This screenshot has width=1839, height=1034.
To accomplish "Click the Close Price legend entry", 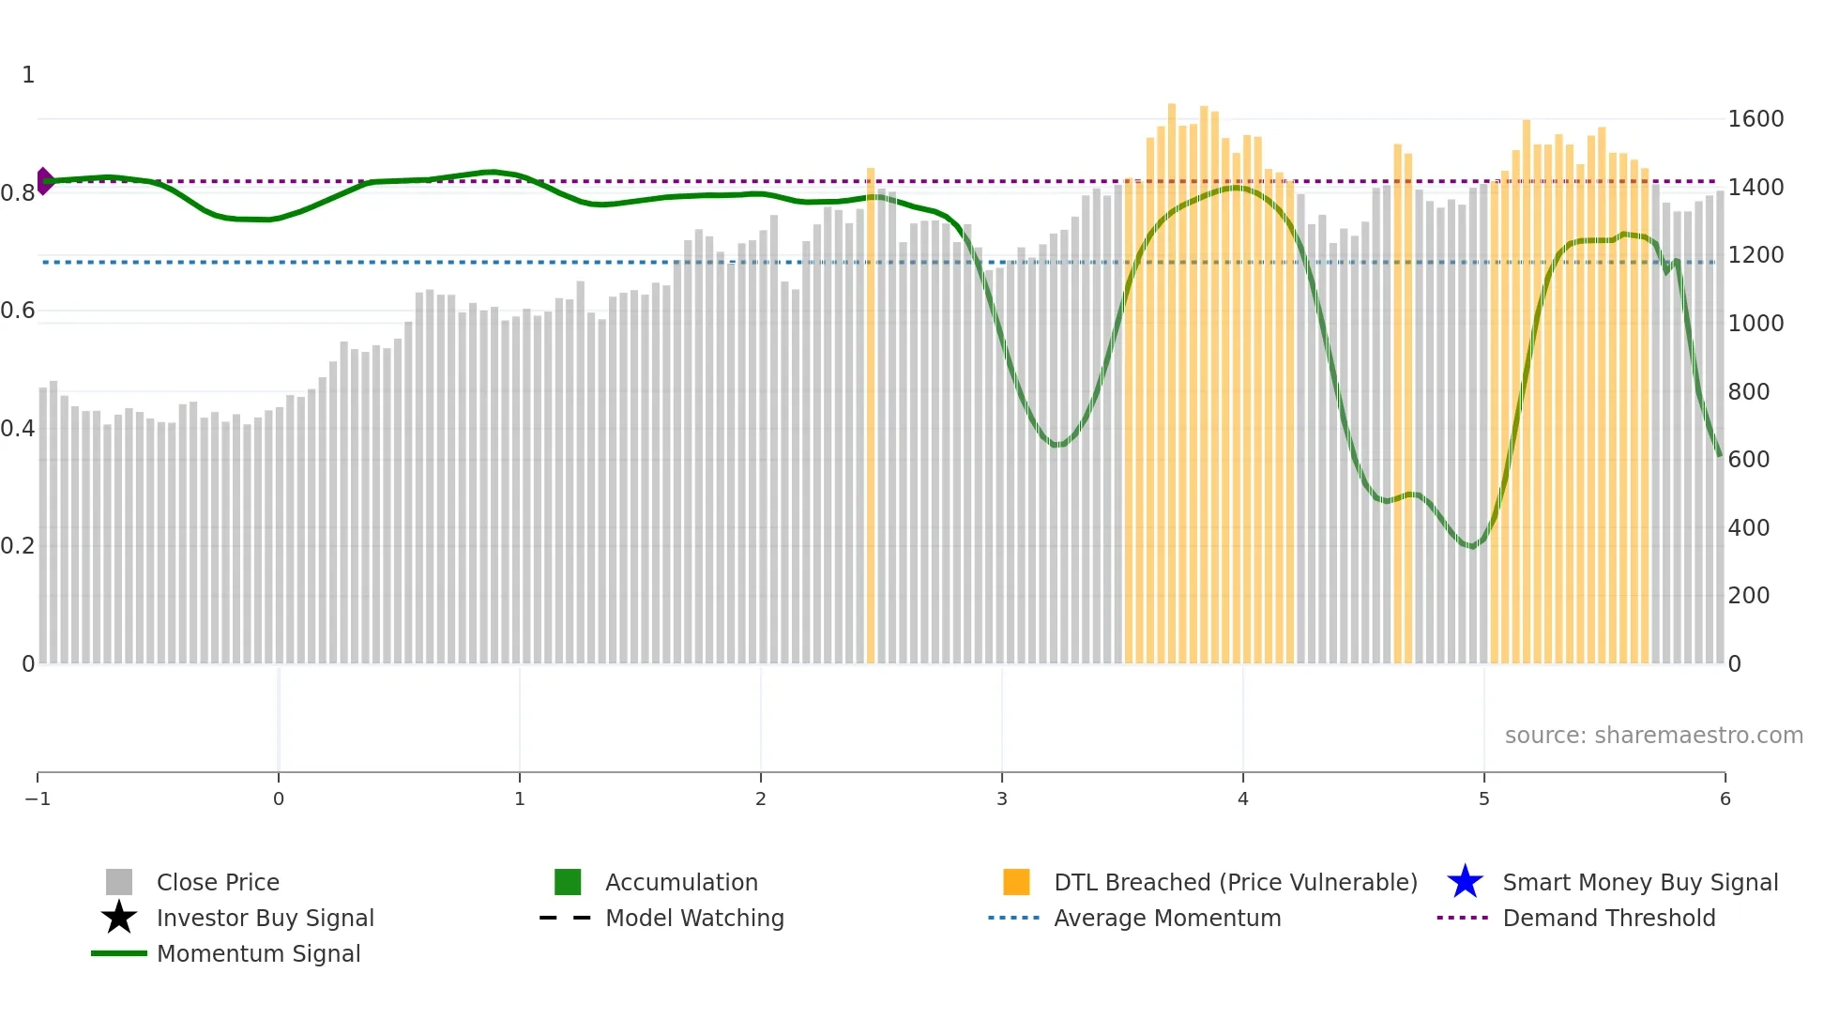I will pyautogui.click(x=218, y=882).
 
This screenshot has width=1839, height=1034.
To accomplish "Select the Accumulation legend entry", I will pyautogui.click(x=681, y=882).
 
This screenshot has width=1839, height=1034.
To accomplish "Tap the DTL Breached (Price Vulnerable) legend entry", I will pyautogui.click(x=1235, y=882).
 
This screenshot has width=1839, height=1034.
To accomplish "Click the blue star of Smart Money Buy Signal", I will pyautogui.click(x=1465, y=882).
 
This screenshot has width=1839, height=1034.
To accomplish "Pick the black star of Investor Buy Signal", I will pyautogui.click(x=119, y=918).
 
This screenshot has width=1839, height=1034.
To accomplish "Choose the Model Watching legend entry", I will pyautogui.click(x=694, y=918).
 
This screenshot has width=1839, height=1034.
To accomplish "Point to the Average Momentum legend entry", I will pyautogui.click(x=1167, y=918).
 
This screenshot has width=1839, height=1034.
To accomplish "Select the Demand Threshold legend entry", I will pyautogui.click(x=1608, y=918).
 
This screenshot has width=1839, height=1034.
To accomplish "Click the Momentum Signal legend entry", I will pyautogui.click(x=258, y=953).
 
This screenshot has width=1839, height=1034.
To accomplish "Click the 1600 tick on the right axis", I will pyautogui.click(x=1755, y=119).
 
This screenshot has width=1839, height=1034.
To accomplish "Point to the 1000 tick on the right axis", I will pyautogui.click(x=1755, y=324).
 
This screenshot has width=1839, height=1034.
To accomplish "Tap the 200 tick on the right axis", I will pyautogui.click(x=1749, y=596).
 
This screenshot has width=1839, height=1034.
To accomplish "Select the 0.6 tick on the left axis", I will pyautogui.click(x=18, y=311).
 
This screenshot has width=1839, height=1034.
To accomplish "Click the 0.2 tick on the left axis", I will pyautogui.click(x=18, y=546).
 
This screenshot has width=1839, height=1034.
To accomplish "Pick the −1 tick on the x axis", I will pyautogui.click(x=38, y=798).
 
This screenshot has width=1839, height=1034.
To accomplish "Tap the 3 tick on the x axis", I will pyautogui.click(x=1002, y=798).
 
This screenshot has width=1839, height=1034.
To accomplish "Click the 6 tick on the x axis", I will pyautogui.click(x=1725, y=798).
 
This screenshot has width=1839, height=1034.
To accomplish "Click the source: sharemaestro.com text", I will pyautogui.click(x=1653, y=736).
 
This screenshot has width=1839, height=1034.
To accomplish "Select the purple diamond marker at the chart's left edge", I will pyautogui.click(x=44, y=181).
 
